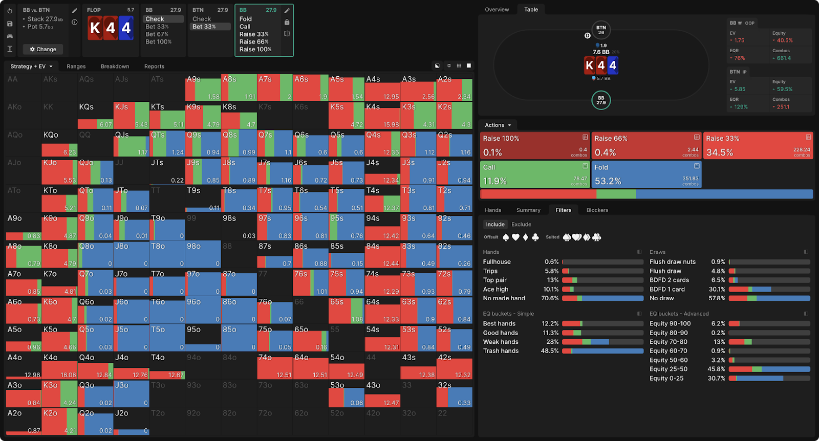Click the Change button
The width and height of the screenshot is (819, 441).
coord(43,49)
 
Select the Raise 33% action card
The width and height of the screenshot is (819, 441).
coord(758,145)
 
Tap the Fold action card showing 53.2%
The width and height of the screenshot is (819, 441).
coord(646,174)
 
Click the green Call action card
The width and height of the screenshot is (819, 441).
coord(535,174)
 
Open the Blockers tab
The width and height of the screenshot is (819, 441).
coord(597,210)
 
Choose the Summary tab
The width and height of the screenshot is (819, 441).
coord(528,210)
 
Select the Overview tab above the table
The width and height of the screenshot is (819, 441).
coord(497,9)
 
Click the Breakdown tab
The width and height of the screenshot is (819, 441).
coord(115,67)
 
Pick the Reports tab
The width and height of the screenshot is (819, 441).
coord(154,67)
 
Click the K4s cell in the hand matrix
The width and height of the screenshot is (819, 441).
coord(382,115)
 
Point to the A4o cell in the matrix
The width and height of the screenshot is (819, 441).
coord(24,366)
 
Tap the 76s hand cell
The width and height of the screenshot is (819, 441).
coord(310,282)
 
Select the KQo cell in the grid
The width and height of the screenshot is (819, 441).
coord(59,143)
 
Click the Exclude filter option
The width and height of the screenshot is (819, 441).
coord(521,224)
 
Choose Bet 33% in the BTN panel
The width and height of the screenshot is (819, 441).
coord(204,27)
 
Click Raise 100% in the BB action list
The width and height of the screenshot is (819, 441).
coord(255,49)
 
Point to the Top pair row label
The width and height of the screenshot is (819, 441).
coord(494,280)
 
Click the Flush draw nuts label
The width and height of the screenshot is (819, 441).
coord(672,261)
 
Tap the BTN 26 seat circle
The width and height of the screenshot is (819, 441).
coord(601,30)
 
